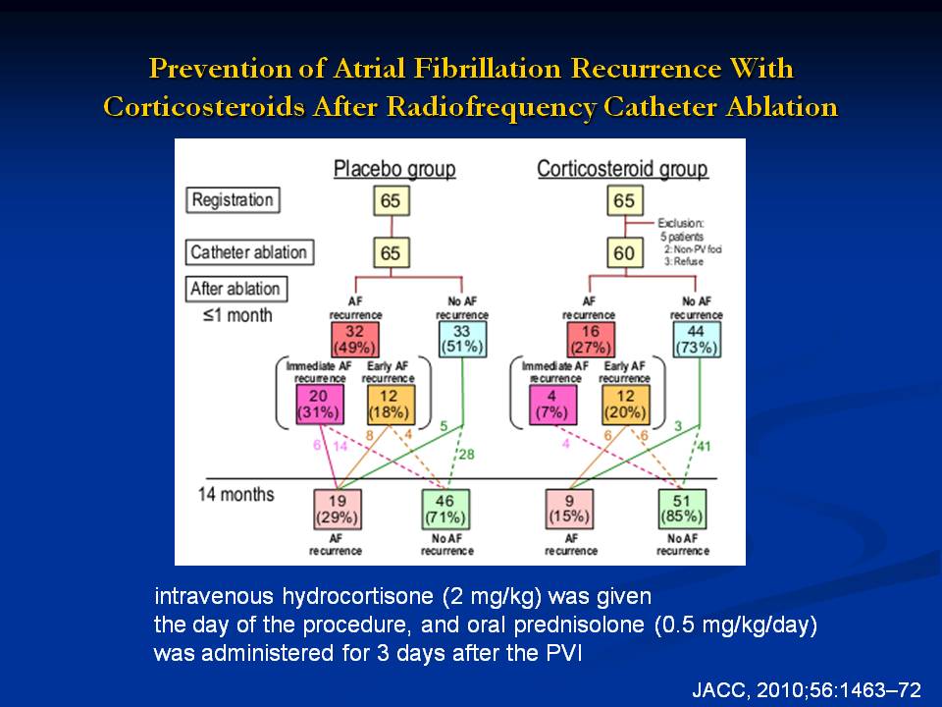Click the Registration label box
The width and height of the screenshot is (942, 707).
tap(233, 200)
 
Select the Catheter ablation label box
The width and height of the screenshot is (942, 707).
tap(248, 252)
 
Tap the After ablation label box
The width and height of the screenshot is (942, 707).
tap(236, 289)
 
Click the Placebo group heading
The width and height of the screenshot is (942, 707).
tap(394, 169)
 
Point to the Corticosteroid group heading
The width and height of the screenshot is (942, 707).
tap(622, 169)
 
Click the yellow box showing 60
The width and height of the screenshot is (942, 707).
tap(623, 253)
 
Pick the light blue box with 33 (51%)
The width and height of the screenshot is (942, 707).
tap(462, 339)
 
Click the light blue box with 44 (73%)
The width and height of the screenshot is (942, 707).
tap(698, 339)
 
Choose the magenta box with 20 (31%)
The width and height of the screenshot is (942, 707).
tap(319, 404)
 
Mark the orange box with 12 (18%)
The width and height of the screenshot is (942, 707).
tap(391, 404)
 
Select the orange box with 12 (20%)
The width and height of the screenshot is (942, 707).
tap(624, 404)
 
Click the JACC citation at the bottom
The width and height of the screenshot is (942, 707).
tap(807, 689)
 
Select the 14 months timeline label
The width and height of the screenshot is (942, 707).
tap(236, 494)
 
